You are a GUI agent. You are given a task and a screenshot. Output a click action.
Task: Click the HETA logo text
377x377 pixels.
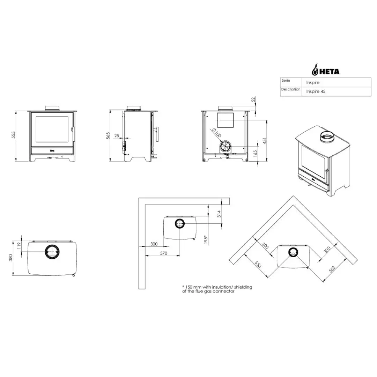pyautogui.click(x=329, y=72)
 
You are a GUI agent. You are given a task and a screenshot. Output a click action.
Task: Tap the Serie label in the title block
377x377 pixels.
pyautogui.click(x=286, y=80)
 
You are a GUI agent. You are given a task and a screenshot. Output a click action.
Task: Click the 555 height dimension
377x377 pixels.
pyautogui.click(x=14, y=135)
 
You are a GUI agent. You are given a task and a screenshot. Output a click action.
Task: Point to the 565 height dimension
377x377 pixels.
pyautogui.click(x=108, y=135)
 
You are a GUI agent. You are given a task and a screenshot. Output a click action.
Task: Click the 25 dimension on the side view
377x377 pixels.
pyautogui.click(x=117, y=135)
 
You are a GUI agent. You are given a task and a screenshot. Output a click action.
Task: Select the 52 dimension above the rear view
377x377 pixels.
pyautogui.click(x=253, y=99)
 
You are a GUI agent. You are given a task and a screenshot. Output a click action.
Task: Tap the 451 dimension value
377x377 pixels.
pyautogui.click(x=265, y=141)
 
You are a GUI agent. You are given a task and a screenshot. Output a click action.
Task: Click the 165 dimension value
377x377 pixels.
pyautogui.click(x=255, y=153)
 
